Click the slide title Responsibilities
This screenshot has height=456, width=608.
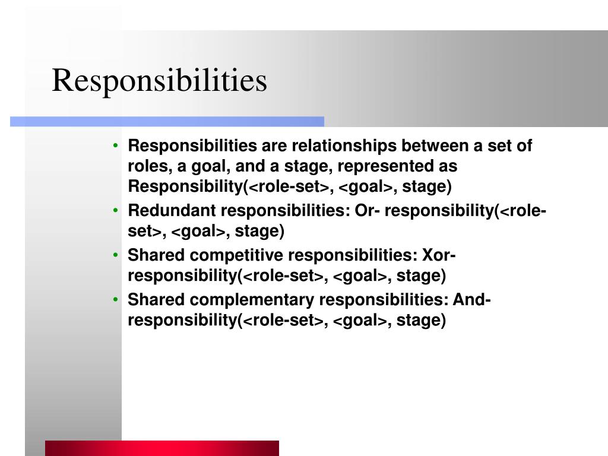click(x=159, y=81)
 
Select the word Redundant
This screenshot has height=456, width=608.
click(x=171, y=211)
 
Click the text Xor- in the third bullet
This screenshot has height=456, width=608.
click(x=438, y=255)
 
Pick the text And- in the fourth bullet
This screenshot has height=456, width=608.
click(x=471, y=300)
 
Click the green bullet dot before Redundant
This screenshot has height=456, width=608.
click(x=115, y=211)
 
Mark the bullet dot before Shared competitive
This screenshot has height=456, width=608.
click(x=115, y=255)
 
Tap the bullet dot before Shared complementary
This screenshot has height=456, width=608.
click(x=115, y=300)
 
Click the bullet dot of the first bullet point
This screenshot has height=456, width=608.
click(x=115, y=146)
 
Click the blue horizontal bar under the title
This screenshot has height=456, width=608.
click(x=167, y=121)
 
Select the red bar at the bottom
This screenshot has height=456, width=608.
click(x=161, y=448)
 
